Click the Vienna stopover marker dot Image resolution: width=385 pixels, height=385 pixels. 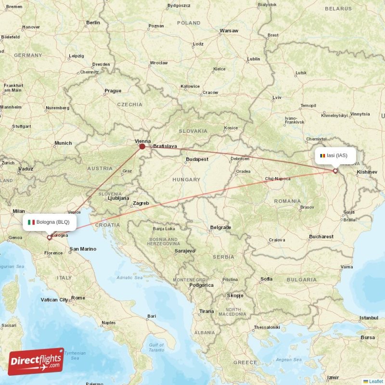pos(142,146)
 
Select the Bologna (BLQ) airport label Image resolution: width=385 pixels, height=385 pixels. pos(49,222)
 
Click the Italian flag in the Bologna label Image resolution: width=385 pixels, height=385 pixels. pos(31,222)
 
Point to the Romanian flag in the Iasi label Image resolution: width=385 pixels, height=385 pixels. pos(322,155)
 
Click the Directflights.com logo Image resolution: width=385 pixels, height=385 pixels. pos(36,361)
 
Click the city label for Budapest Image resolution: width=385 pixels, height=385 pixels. pos(197,159)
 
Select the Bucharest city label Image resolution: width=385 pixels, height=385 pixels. pos(321,236)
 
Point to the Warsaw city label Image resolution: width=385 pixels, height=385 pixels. pos(229,31)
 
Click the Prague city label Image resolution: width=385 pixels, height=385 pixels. pos(113,90)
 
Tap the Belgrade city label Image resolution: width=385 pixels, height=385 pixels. pos(221,227)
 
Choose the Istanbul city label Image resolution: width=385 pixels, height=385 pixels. pos(369,318)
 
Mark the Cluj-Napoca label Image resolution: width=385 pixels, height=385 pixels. pos(278,179)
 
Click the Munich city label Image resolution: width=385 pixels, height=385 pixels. pos(63,143)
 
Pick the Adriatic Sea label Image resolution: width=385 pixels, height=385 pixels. pos(129,278)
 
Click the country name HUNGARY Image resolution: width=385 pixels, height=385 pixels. pos(186,180)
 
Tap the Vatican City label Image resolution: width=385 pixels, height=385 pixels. pos(54,299)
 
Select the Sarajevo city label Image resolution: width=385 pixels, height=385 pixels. pos(185,251)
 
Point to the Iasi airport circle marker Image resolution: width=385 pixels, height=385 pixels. pos(335,171)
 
